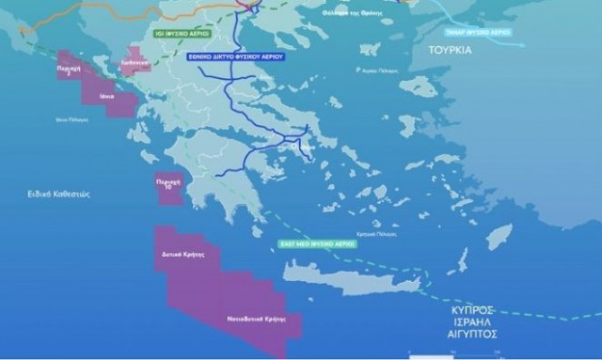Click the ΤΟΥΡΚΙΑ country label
(x=451, y=51)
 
